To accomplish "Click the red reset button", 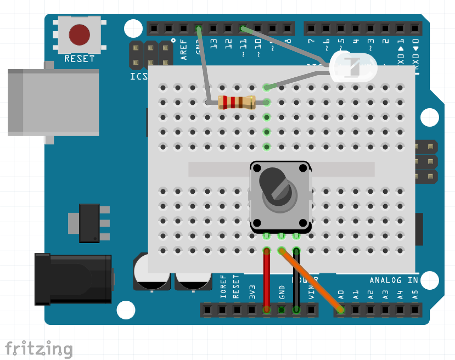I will coord(79,35).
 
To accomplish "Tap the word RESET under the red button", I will coord(79,59).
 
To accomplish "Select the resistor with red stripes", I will coord(236,102).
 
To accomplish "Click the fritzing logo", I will coord(39,349).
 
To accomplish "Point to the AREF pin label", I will coord(183,49).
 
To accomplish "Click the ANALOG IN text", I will coord(393,280).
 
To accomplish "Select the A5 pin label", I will coord(415,294).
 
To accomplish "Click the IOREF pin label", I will coord(223,287).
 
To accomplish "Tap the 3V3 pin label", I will coord(252,292).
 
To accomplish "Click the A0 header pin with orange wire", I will coord(341,310).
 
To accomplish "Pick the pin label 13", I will coord(213,44).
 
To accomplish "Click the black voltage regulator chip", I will coord(89,223).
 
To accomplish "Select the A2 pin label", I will coord(370,294).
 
